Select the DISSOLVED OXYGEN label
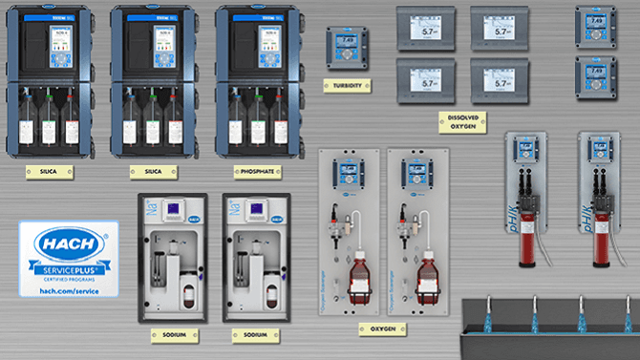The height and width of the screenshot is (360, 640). tap(457, 120)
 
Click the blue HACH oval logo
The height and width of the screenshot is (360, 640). tap(69, 244)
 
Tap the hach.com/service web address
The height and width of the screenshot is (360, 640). tap(69, 288)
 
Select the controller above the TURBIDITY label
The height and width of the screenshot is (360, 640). tap(343, 45)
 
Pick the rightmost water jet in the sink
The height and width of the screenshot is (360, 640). tap(628, 316)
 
